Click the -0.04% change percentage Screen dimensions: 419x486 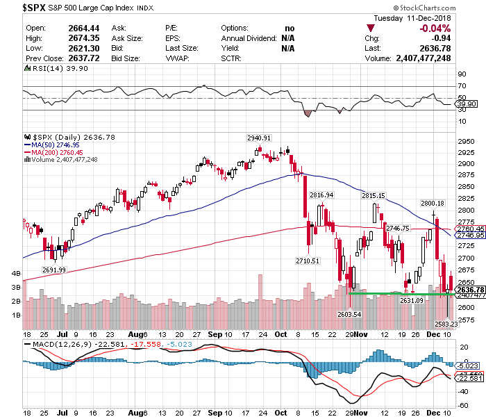pos(436,28)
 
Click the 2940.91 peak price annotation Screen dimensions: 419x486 pos(259,138)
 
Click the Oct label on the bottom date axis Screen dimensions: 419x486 pos(280,335)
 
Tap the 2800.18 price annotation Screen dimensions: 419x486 pos(432,203)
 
